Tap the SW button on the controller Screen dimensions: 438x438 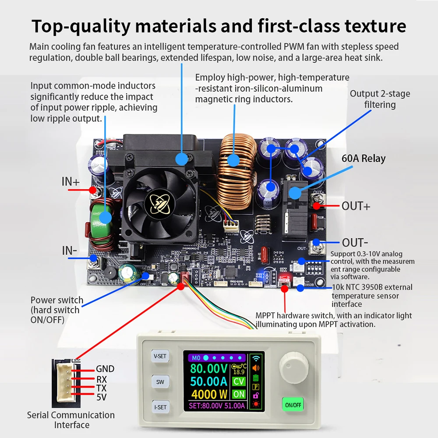[x=160, y=381]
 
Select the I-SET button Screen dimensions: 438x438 [x=160, y=407]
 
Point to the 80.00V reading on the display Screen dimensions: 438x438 [x=208, y=369]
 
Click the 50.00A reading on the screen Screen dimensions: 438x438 [x=208, y=381]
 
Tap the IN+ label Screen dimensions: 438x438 [x=71, y=182]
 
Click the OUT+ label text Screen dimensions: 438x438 [x=356, y=206]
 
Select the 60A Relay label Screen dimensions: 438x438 [x=364, y=158]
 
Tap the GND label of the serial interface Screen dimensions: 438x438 [x=105, y=369]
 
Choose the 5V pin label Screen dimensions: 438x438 [x=101, y=398]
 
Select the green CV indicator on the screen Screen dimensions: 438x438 [x=239, y=381]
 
